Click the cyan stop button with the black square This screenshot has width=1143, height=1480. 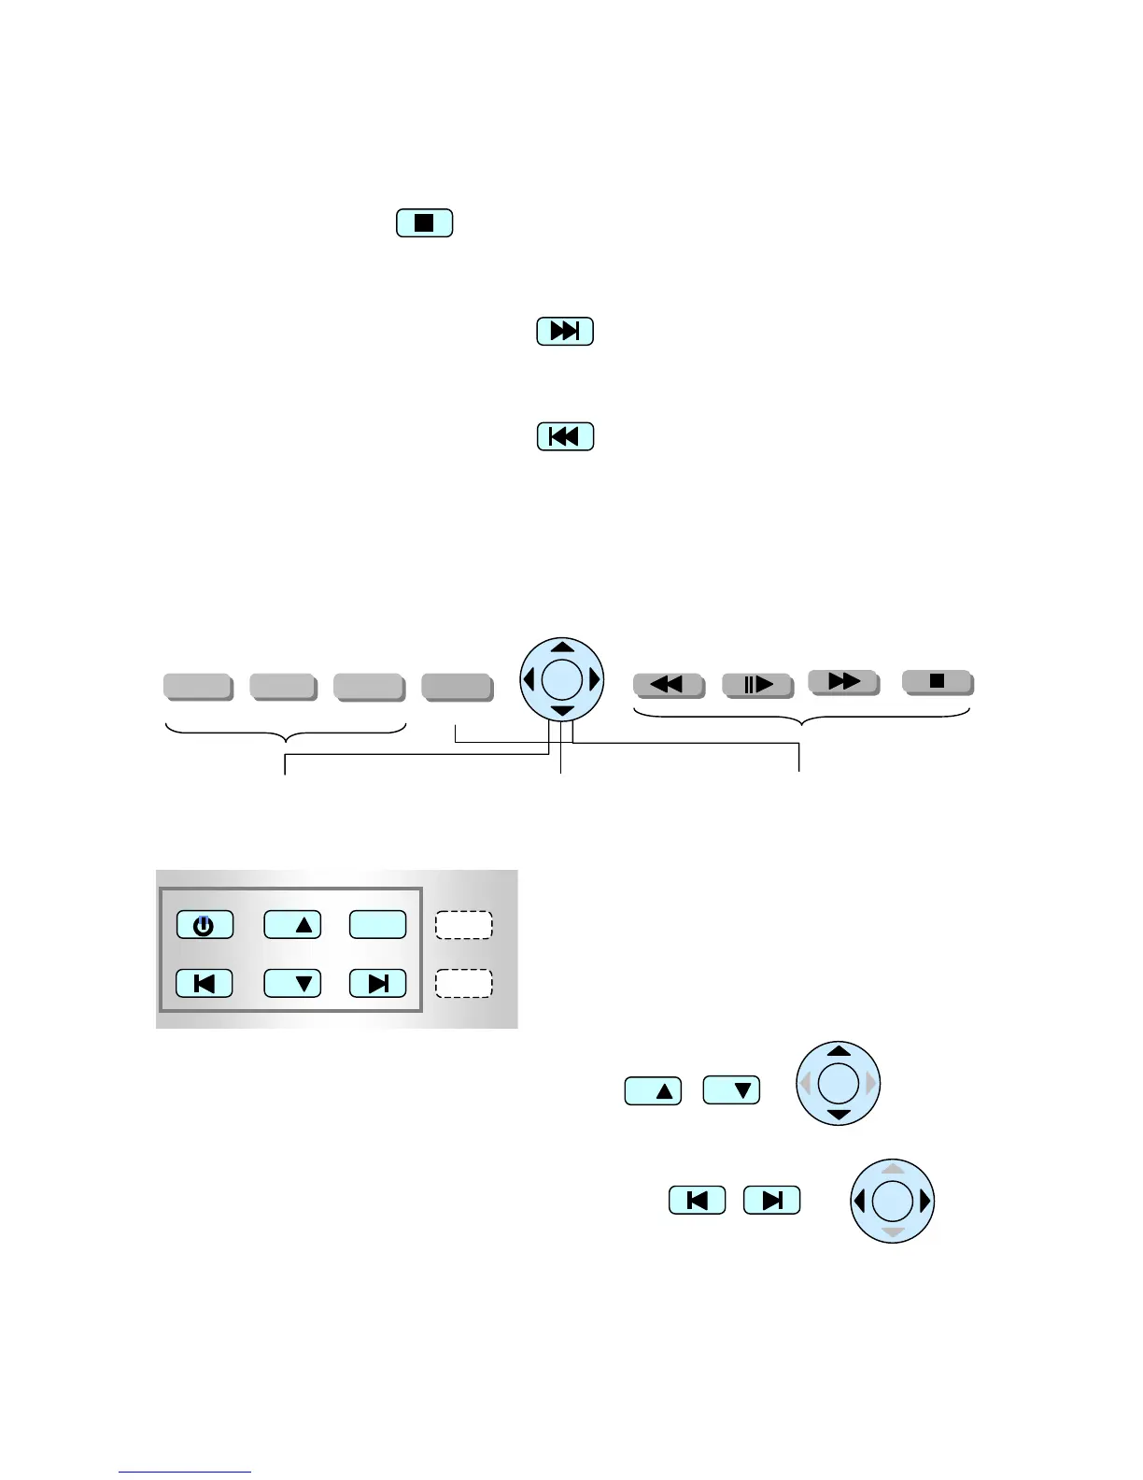click(x=425, y=223)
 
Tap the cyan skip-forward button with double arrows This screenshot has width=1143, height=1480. click(x=565, y=332)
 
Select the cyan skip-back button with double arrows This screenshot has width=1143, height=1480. click(x=565, y=436)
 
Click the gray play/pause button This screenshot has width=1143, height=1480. click(x=757, y=685)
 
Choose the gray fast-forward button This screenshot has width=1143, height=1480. click(x=843, y=681)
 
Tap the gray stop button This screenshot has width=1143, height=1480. click(x=937, y=682)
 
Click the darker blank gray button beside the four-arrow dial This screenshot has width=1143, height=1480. click(x=457, y=686)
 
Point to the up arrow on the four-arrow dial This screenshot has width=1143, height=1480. click(x=562, y=647)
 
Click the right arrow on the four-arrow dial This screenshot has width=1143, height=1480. click(x=595, y=679)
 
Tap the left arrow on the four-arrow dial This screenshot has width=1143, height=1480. click(x=529, y=679)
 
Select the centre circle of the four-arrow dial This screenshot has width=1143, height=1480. click(x=562, y=679)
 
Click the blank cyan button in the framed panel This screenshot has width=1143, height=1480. click(x=377, y=924)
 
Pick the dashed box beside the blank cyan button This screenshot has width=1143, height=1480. click(x=464, y=924)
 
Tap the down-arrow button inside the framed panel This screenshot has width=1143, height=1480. click(x=292, y=983)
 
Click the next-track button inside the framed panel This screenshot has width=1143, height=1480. click(x=377, y=983)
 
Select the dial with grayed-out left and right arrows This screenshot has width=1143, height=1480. click(x=838, y=1083)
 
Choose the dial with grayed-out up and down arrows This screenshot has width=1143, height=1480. click(x=892, y=1201)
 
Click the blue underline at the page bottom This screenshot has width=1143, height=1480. click(x=185, y=1473)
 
